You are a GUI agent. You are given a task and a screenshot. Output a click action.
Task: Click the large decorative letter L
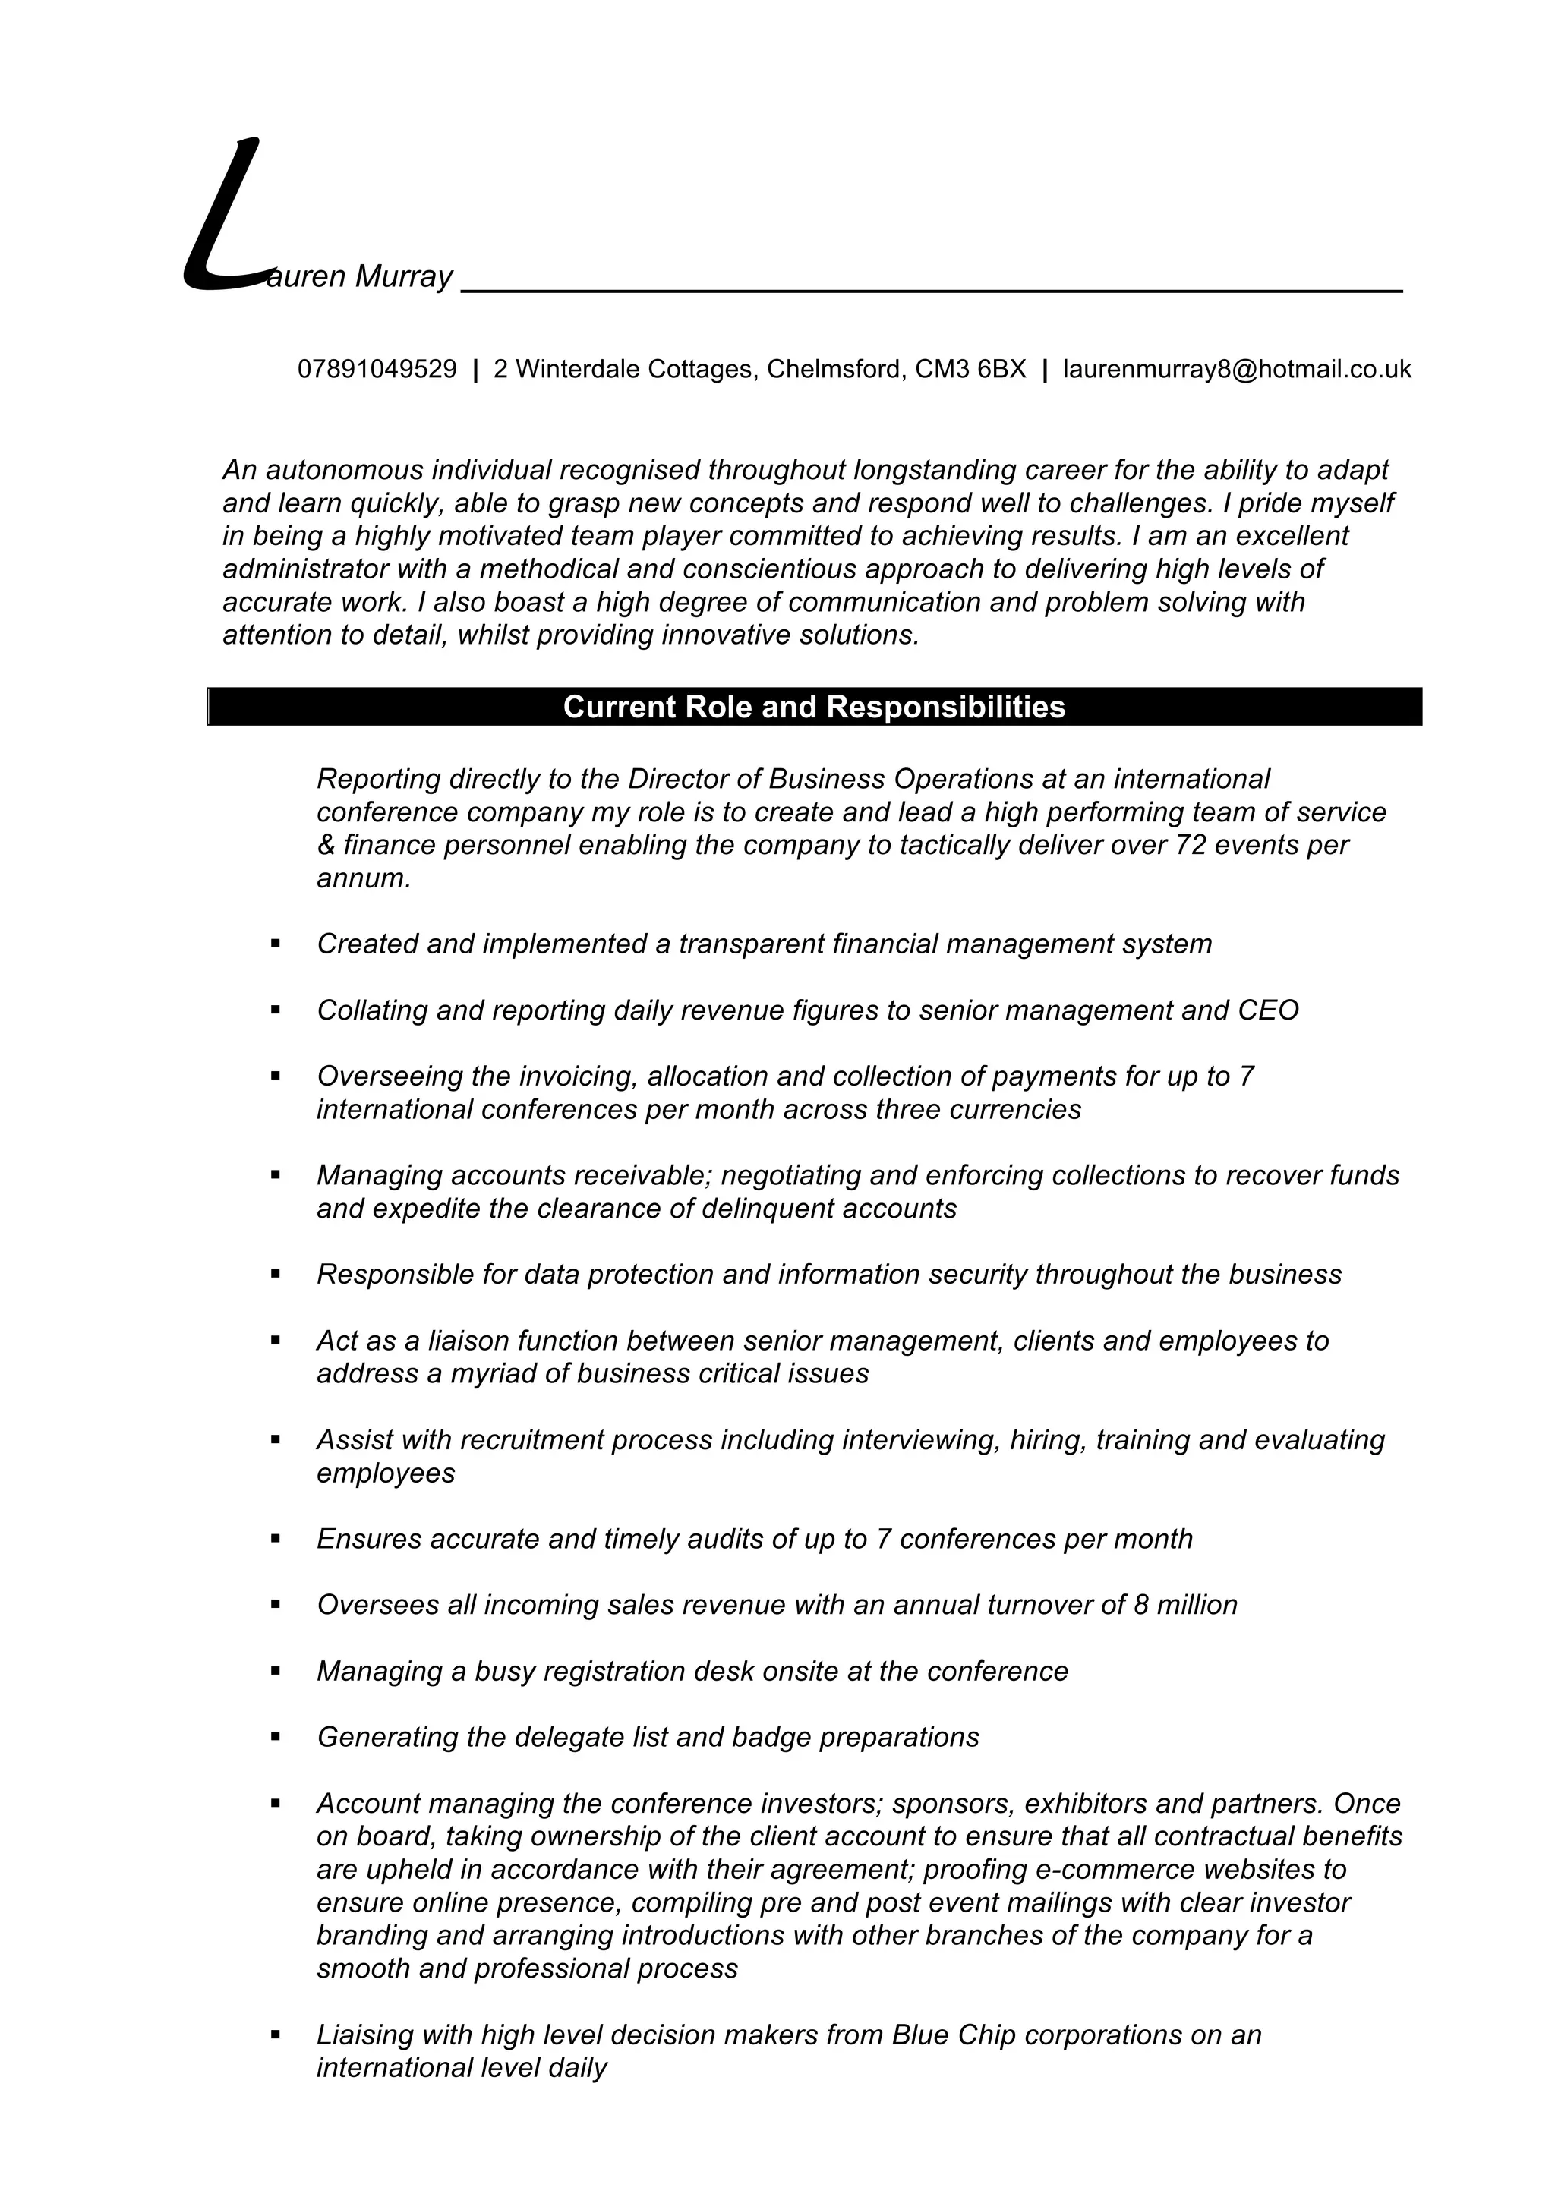[222, 216]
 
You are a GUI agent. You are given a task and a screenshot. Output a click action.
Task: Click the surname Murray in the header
[403, 277]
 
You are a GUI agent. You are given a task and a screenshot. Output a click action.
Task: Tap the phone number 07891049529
[377, 369]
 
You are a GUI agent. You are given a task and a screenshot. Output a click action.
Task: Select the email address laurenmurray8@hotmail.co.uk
[1237, 369]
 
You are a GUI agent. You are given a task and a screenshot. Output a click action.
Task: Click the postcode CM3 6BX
[970, 369]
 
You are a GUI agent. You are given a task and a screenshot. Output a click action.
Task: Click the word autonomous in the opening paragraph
[345, 471]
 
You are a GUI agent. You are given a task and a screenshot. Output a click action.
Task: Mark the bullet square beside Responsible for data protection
[276, 1273]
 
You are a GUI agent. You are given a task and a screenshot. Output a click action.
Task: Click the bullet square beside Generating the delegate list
[276, 1736]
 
